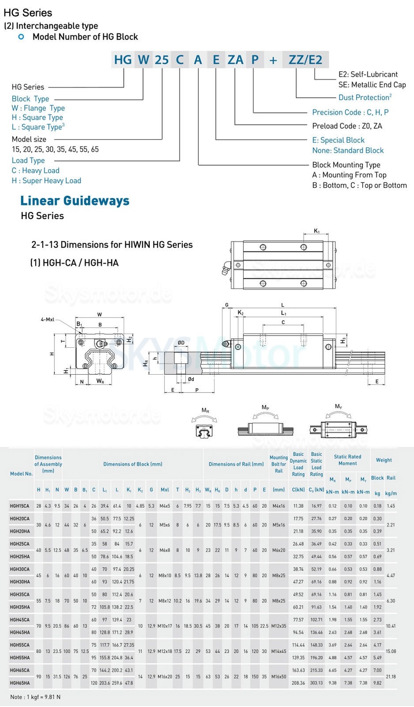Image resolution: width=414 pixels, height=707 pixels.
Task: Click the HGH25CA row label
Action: coord(20,544)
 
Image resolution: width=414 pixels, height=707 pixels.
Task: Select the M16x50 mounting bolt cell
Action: coord(279,677)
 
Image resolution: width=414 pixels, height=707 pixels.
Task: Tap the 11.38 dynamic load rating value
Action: coord(298,506)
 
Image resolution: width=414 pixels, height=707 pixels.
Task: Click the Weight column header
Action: coord(384,460)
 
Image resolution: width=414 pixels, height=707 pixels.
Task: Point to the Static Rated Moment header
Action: coord(347,460)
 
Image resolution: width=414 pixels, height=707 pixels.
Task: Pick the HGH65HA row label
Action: coord(20,683)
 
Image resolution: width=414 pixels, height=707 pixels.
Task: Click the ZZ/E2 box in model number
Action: coord(305,60)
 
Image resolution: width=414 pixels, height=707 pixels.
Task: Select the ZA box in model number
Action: coord(235,60)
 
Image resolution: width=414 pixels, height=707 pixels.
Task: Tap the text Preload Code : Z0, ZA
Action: coord(347,126)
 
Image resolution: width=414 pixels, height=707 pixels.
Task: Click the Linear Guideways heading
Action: coord(75,201)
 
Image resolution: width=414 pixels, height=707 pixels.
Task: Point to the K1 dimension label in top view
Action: coord(316,231)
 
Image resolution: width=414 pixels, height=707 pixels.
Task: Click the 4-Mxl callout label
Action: coord(47,319)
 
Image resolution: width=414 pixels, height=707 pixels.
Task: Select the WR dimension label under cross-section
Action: coord(100,381)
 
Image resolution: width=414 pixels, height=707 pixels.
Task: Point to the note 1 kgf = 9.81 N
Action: coord(35,697)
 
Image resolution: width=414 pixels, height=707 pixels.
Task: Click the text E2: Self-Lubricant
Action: coord(368,74)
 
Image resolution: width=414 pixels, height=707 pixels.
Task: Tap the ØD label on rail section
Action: coord(181,342)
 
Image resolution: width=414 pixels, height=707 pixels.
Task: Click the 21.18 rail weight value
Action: coord(391,677)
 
